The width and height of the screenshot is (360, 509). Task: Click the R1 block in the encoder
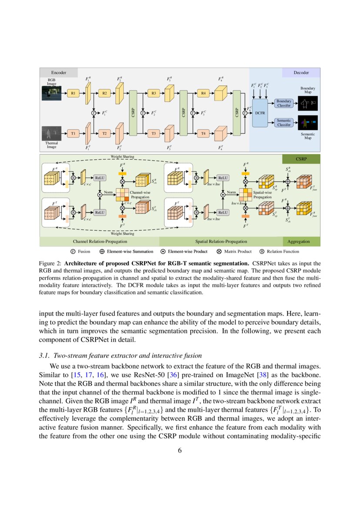point(73,93)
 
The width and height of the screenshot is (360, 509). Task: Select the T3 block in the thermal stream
point(154,133)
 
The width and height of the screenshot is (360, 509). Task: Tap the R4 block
point(203,93)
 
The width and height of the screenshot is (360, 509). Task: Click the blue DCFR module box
point(260,113)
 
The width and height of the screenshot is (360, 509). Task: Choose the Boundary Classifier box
point(284,103)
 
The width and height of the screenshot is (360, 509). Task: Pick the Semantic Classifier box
point(284,123)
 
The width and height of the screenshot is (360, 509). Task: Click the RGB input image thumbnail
point(52,93)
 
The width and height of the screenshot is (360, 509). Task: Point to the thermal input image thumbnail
point(52,133)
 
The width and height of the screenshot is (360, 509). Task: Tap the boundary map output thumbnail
point(308,103)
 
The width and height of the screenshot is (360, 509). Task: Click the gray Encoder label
point(59,72)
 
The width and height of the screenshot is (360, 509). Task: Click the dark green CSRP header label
point(301,159)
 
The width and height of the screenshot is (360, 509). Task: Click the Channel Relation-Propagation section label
point(100,241)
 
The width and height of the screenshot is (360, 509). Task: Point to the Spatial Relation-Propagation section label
point(221,241)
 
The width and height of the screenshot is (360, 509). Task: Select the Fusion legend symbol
point(73,251)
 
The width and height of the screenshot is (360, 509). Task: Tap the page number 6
point(180,450)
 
